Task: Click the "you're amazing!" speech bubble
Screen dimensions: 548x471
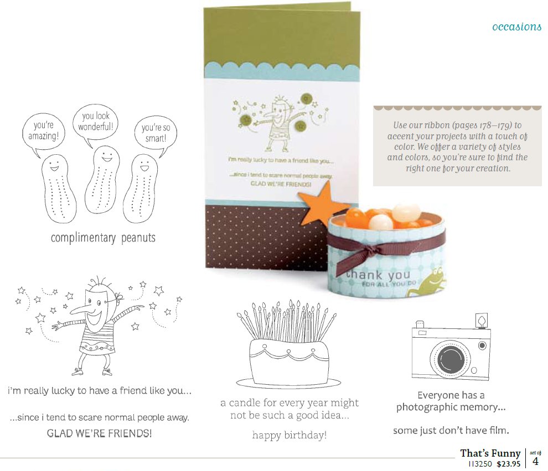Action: [43, 132]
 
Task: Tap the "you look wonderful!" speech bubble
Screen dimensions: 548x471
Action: [95, 122]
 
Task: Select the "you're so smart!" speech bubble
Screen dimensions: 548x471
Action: [156, 133]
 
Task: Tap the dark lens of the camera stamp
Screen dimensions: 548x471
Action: [452, 359]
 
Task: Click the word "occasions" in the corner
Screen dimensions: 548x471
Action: [516, 27]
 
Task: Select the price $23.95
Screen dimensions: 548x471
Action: [509, 464]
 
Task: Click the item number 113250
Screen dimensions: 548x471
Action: [480, 464]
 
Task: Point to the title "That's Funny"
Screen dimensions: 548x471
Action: [490, 453]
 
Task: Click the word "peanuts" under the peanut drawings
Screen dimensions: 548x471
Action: [138, 238]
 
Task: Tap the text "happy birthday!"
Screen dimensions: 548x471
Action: [289, 435]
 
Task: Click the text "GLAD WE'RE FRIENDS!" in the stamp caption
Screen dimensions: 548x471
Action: [99, 433]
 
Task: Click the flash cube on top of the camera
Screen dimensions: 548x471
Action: [481, 321]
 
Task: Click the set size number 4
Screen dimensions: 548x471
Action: [535, 461]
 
